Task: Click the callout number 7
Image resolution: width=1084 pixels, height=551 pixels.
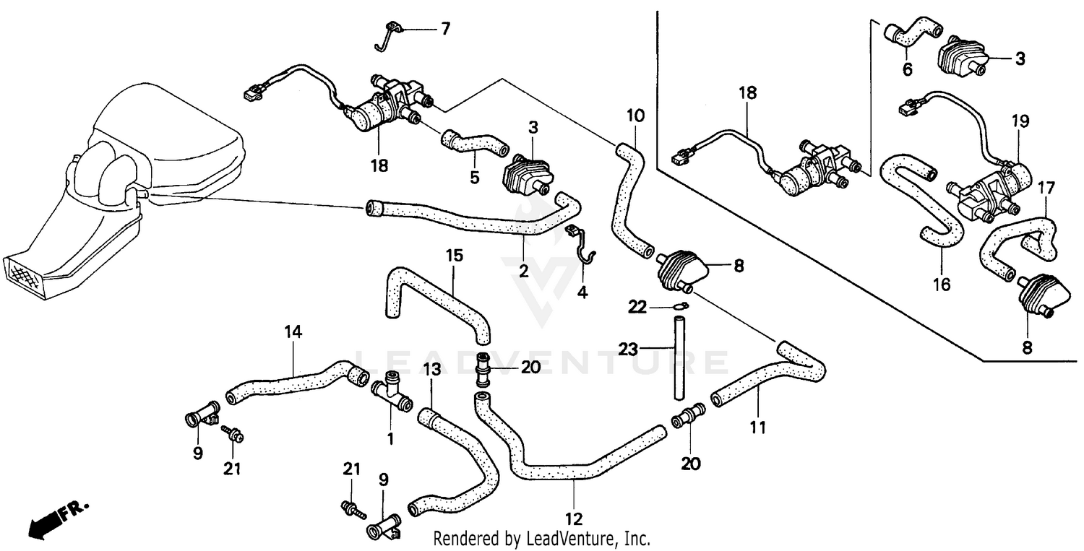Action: (445, 29)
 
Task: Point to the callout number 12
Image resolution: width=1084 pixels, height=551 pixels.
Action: (574, 519)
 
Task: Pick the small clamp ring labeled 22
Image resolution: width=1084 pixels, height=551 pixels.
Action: (679, 306)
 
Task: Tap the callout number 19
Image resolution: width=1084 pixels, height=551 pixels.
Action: (1020, 121)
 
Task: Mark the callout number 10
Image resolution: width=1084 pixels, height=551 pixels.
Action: (635, 115)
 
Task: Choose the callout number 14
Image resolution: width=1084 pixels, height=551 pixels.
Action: (293, 333)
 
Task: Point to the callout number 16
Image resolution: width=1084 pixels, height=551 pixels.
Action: (941, 285)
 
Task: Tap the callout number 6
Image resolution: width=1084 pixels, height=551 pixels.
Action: (907, 69)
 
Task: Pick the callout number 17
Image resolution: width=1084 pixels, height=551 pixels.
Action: (1046, 188)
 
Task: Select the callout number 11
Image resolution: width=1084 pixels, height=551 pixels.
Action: (757, 428)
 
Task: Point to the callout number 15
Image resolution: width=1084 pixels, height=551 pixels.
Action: (454, 256)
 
